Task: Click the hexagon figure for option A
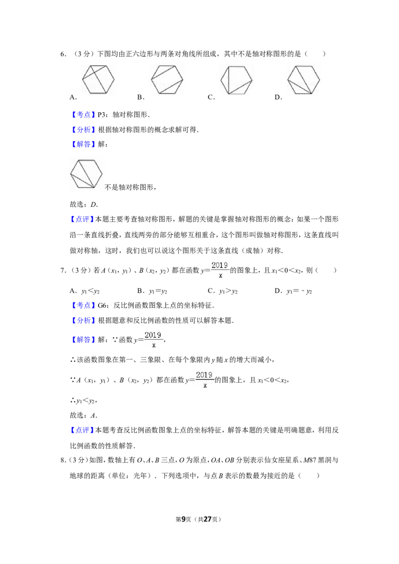coord(98,80)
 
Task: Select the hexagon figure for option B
coord(167,80)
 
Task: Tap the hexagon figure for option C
coord(236,80)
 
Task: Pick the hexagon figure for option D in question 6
coord(304,80)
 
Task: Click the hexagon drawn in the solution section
coord(86,174)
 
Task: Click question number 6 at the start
coord(63,54)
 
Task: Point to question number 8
coord(63,460)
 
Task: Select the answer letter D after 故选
coord(94,204)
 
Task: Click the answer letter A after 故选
coord(94,416)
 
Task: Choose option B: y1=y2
coord(152,291)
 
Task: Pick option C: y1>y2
coord(223,291)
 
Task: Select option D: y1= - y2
coord(293,291)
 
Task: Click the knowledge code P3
coord(102,115)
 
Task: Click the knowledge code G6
coord(103,305)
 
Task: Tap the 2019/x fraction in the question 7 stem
coord(219,270)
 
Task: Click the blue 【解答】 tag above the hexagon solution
coord(84,144)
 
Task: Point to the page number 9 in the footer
coord(184,519)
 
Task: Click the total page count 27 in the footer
coord(207,519)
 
